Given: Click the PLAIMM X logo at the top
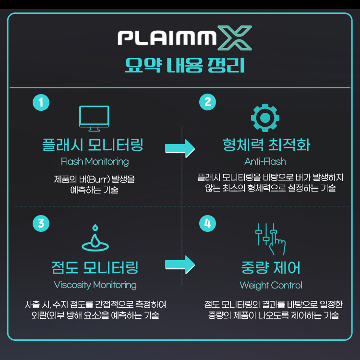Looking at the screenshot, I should tap(185, 38).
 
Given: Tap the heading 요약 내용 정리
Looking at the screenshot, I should tap(185, 65).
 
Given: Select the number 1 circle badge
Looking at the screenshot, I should tap(41, 102).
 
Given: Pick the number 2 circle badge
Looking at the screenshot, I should tap(207, 102).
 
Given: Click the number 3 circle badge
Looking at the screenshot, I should tap(41, 223).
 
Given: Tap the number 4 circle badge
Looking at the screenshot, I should tap(207, 223).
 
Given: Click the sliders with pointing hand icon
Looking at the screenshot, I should tap(270, 239).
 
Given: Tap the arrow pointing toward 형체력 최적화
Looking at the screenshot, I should tap(180, 148).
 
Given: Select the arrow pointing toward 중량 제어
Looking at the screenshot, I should tap(180, 264).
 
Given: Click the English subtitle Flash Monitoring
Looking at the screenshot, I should tap(95, 161).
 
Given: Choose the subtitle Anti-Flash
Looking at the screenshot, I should tap(265, 161).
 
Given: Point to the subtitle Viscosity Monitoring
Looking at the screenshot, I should tap(95, 285).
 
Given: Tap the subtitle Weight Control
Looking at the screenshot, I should tap(271, 285).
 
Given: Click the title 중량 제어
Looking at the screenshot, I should tap(271, 267).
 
